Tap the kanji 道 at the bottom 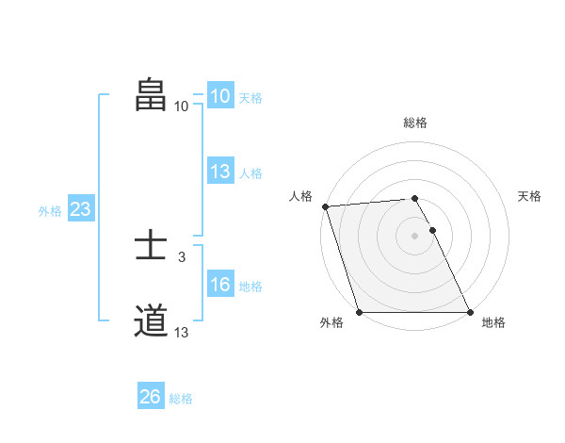tap(151, 321)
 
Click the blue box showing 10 tap(219, 96)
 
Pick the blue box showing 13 tap(219, 172)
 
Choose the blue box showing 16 tap(219, 286)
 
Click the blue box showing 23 tap(80, 209)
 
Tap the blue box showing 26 tap(150, 397)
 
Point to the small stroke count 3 tap(182, 255)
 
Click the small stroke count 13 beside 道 tap(182, 332)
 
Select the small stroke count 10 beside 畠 tap(182, 106)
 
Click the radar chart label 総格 tap(415, 123)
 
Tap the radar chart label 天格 tap(530, 196)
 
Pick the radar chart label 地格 tap(493, 322)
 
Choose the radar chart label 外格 tap(331, 322)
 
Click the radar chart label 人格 tap(300, 196)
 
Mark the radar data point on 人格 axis tap(325, 206)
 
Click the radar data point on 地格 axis tap(470, 312)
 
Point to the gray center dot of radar tap(415, 236)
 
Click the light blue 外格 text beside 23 tap(50, 211)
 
